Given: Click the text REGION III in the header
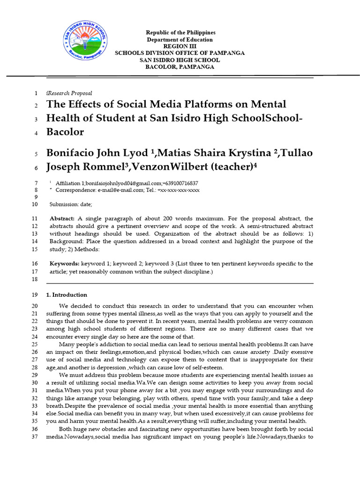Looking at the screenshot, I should pyautogui.click(x=180, y=46).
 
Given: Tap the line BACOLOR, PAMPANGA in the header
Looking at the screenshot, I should pyautogui.click(x=180, y=67).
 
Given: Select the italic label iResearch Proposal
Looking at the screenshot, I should pyautogui.click(x=69, y=93).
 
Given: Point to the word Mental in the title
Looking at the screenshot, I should pyautogui.click(x=266, y=104).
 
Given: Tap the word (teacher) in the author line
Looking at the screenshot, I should pyautogui.click(x=232, y=167).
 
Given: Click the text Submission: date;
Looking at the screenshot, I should pyautogui.click(x=71, y=204).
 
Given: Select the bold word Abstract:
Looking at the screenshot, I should pyautogui.click(x=62, y=219).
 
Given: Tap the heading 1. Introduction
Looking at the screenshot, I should pyautogui.click(x=67, y=295).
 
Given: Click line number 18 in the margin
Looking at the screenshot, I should pyautogui.click(x=35, y=280).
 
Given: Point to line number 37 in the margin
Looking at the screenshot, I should pyautogui.click(x=35, y=437).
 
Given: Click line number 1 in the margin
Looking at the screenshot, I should pyautogui.click(x=36, y=93).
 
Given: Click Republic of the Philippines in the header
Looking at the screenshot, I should pyautogui.click(x=180, y=33).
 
